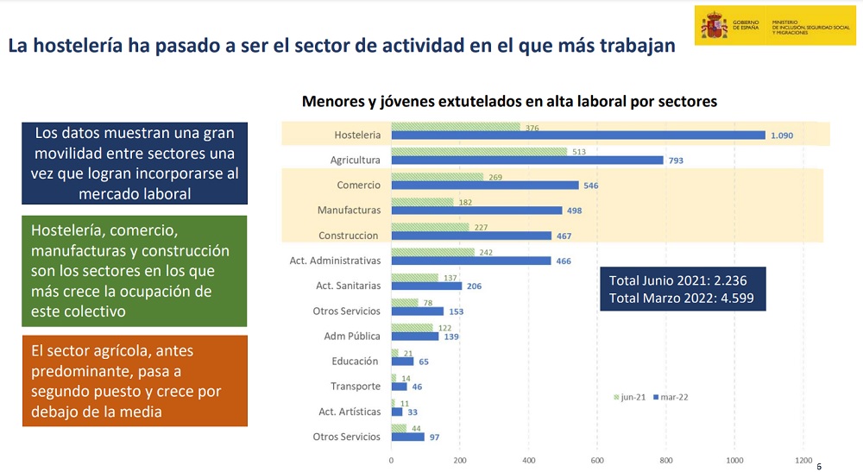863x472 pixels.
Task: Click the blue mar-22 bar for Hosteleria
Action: (578, 135)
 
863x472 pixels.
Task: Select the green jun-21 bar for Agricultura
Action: (479, 151)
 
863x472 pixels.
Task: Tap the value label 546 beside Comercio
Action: (590, 186)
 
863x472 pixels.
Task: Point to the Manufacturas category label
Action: (349, 211)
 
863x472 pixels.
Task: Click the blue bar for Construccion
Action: (471, 236)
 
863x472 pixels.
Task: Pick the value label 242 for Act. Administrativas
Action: (486, 253)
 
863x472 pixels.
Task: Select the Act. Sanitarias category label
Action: (349, 286)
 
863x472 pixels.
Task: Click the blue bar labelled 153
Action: (417, 312)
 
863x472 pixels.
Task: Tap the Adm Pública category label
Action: (352, 337)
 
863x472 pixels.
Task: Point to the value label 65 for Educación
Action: (424, 362)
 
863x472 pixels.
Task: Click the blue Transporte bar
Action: (399, 387)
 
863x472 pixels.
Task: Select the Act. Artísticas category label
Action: (350, 412)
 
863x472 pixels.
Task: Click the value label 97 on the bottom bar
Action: (435, 437)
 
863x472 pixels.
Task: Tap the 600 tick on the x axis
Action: (597, 461)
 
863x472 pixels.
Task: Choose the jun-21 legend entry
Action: (630, 397)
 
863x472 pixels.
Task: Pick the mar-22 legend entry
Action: (671, 397)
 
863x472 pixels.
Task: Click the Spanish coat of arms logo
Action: (714, 25)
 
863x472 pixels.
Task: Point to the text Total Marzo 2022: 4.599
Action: (682, 299)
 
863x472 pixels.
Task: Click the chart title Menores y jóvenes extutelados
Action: (509, 102)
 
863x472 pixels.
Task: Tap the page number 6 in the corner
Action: (819, 467)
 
